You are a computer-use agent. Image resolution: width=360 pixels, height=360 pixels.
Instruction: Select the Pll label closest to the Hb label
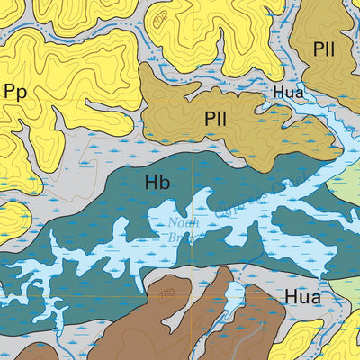click(x=215, y=118)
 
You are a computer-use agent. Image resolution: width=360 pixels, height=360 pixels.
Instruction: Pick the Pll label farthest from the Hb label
click(x=324, y=49)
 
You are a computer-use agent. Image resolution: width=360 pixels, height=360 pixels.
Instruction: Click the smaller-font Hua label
click(x=289, y=92)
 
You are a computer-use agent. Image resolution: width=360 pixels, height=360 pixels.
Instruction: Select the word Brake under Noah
click(x=186, y=237)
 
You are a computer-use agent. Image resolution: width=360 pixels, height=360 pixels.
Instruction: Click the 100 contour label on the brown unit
click(x=170, y=294)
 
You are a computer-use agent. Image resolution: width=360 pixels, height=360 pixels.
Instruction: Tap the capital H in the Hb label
click(x=151, y=182)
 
